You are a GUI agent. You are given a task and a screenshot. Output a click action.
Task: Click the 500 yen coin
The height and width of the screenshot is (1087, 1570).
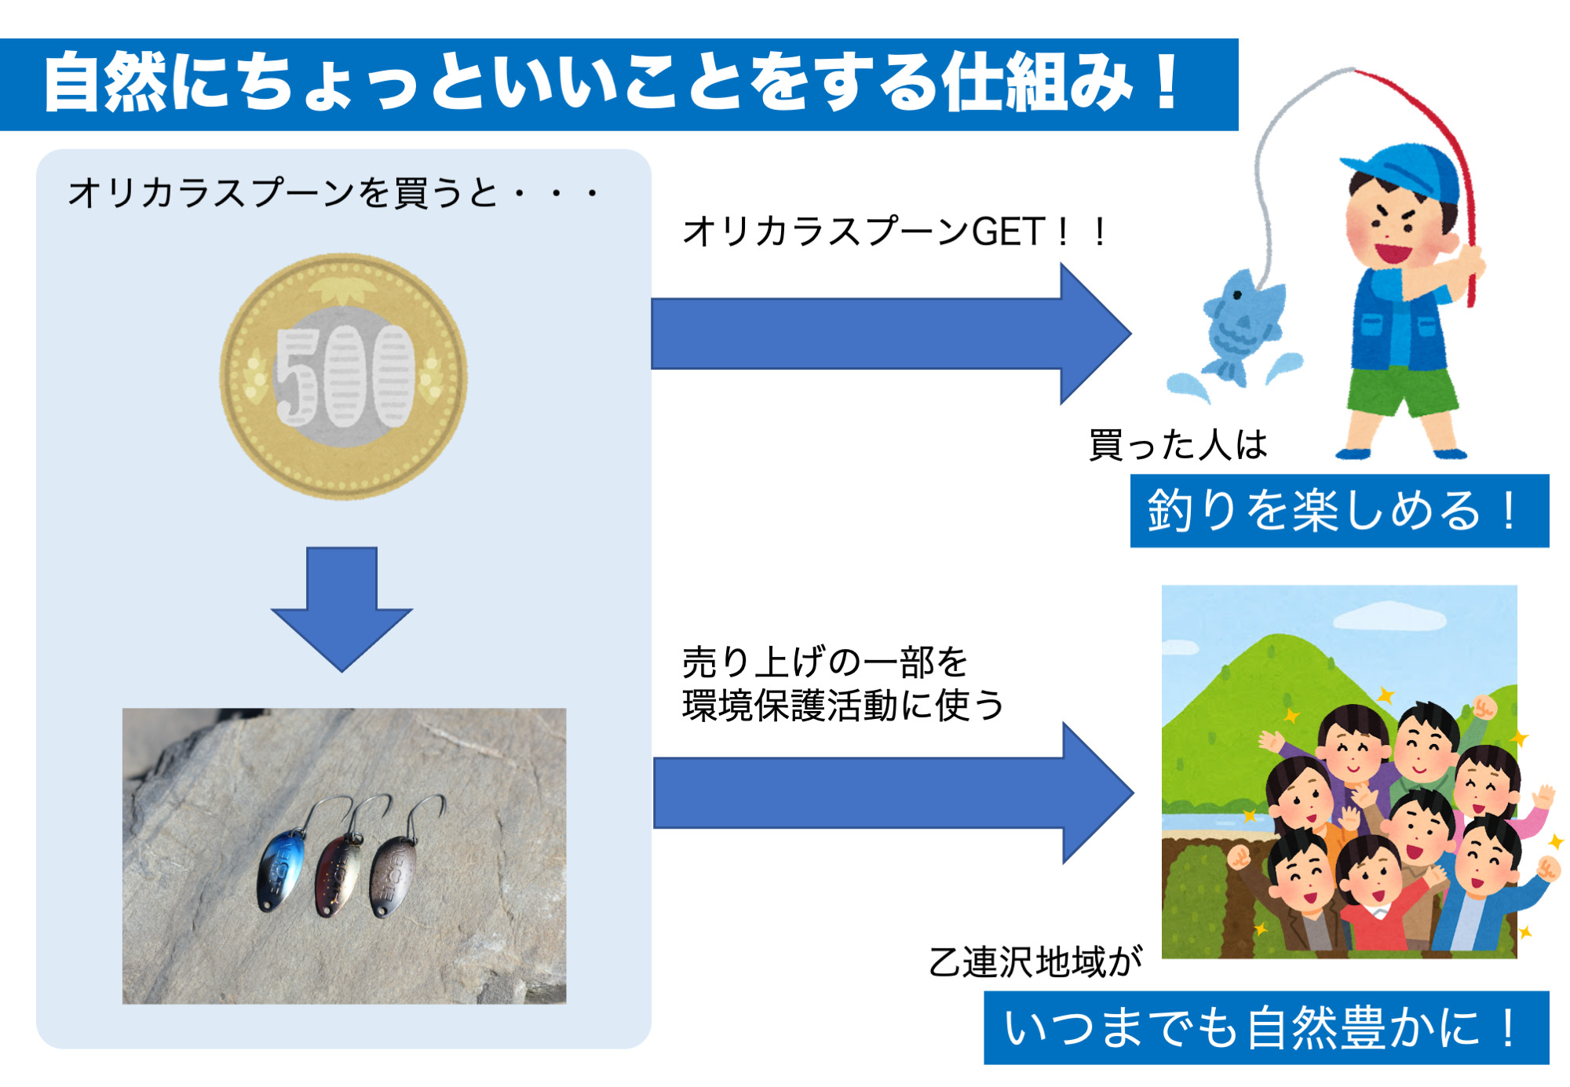[x=343, y=375]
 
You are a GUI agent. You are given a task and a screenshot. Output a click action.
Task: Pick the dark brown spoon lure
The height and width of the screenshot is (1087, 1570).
[x=392, y=875]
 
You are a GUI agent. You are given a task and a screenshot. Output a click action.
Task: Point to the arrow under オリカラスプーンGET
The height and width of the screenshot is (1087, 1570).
[x=887, y=334]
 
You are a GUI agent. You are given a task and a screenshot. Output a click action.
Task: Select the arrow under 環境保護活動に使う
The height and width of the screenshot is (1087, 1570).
[x=891, y=793]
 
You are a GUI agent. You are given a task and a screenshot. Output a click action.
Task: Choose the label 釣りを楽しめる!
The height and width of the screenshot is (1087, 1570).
[x=1338, y=510]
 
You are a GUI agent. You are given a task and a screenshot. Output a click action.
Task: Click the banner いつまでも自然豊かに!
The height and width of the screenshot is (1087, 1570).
[x=1265, y=1027]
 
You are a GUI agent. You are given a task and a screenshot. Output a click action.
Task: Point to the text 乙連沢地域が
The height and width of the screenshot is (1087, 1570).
[x=1035, y=962]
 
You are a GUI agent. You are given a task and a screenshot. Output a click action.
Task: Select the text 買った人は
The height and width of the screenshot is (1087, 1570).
[x=1177, y=445]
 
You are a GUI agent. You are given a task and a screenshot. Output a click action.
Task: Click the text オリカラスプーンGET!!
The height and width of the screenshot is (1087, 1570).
[x=895, y=232]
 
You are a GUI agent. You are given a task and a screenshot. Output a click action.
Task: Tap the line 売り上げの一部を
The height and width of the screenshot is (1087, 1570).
[x=824, y=662]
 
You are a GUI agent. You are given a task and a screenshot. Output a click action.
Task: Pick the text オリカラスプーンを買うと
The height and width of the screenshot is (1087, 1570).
[x=283, y=193]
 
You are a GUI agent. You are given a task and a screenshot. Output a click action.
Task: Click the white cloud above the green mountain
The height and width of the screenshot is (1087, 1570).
[x=1389, y=615]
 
